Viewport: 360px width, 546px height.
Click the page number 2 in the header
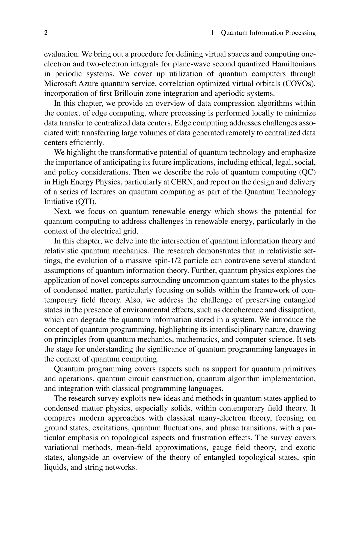(46, 33)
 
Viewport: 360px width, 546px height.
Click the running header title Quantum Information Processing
(268, 33)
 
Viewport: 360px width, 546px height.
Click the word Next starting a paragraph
(62, 211)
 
